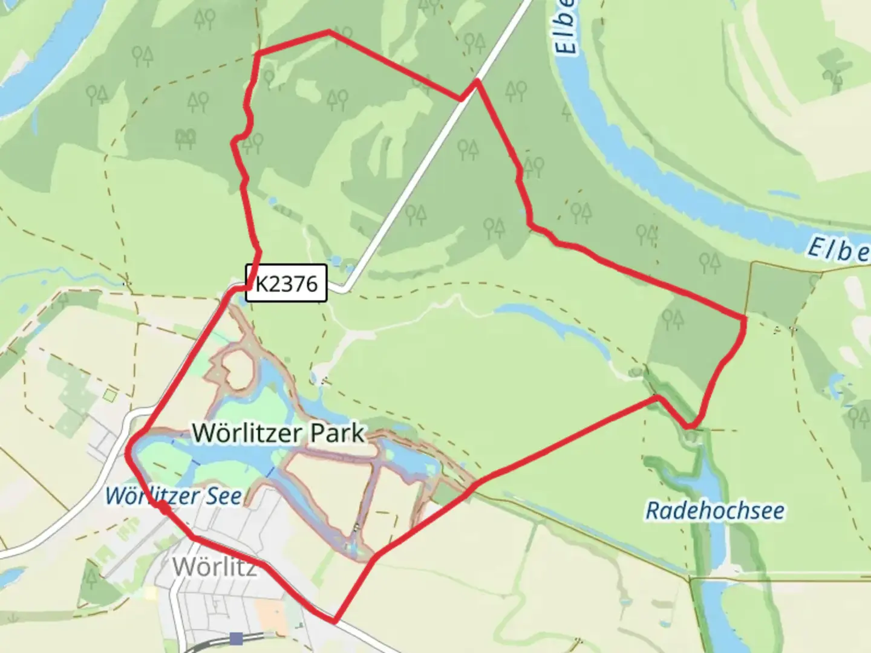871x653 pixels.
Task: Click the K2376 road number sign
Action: click(x=286, y=283)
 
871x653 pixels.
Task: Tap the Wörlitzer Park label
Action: click(x=279, y=433)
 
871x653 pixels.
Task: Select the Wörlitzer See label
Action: click(x=174, y=496)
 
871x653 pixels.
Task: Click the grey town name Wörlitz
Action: click(x=215, y=567)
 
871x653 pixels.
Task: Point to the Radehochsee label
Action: click(x=716, y=510)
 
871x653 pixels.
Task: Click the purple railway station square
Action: click(x=237, y=638)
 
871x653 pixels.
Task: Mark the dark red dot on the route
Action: click(x=163, y=507)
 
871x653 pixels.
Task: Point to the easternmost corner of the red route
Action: click(x=744, y=318)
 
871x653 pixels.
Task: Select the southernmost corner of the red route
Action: click(x=334, y=620)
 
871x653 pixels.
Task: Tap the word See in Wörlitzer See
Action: click(x=223, y=496)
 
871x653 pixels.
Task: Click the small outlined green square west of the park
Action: click(x=109, y=395)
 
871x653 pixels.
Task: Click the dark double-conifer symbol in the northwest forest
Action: click(x=186, y=139)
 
